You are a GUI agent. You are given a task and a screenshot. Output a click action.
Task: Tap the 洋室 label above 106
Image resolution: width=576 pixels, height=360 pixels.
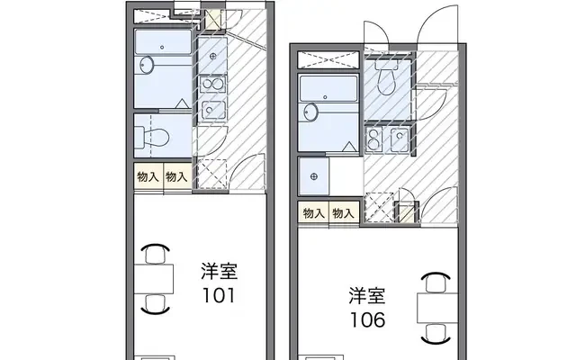coord(368,294)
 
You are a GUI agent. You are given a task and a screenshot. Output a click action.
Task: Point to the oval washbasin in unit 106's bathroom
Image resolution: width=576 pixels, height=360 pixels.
coord(311,112)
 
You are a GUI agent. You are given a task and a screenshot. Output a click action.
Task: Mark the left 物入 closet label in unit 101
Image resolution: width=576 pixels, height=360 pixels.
coord(148,176)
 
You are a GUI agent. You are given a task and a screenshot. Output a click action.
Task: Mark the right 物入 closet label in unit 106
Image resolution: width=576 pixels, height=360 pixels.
coord(341,213)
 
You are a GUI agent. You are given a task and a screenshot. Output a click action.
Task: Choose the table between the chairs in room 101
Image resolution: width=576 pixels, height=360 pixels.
coord(158,280)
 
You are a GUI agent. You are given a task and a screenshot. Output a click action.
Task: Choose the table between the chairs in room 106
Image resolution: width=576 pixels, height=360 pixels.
coord(435,308)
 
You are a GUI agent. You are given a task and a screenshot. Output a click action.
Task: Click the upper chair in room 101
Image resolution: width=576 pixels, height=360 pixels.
coord(157,251)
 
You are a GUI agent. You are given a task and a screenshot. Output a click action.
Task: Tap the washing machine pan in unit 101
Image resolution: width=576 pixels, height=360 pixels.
coord(212,171)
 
